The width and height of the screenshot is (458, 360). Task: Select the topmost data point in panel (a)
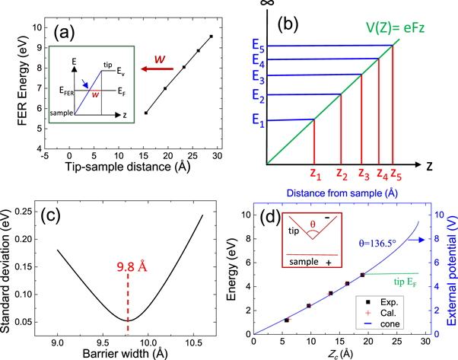211,36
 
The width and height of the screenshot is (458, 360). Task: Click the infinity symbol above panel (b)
266,5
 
